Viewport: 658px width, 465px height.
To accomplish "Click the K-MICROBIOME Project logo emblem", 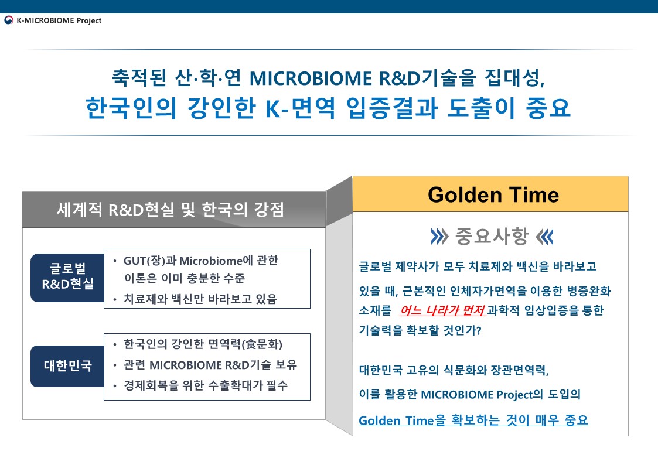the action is (x=8, y=20).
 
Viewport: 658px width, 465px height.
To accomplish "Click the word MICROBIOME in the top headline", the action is (x=311, y=78).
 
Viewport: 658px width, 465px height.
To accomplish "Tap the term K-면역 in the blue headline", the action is (x=301, y=108).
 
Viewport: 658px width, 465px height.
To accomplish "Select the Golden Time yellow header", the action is (x=490, y=194).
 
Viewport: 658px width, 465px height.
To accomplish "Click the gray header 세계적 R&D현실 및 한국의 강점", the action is (x=171, y=210).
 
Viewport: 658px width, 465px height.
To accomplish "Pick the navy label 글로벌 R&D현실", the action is (x=67, y=277).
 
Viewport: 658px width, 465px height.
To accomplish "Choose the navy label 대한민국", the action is (x=67, y=366).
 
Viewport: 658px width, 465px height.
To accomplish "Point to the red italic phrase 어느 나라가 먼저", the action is (x=443, y=311).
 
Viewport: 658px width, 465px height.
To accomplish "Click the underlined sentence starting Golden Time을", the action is (x=473, y=420).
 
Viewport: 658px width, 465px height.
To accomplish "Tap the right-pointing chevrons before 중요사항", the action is (x=439, y=237).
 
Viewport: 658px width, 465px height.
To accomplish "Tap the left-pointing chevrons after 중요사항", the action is (x=545, y=237).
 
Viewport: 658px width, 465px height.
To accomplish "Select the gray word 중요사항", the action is (x=492, y=236).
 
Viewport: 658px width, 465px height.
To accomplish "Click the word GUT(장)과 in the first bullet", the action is (x=150, y=261).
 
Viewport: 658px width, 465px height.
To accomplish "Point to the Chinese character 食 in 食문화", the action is (x=251, y=344).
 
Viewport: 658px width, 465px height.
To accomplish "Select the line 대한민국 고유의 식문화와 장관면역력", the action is (x=454, y=370).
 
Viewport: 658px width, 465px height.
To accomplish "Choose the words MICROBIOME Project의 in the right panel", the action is (x=482, y=395).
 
